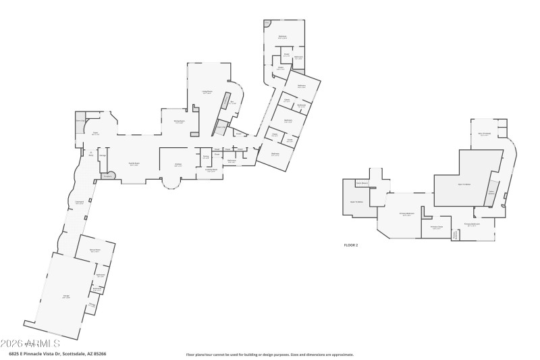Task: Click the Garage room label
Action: pyautogui.click(x=66, y=297)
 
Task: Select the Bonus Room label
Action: pyautogui.click(x=95, y=251)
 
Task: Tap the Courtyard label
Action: pyautogui.click(x=79, y=202)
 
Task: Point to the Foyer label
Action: pyautogui.click(x=95, y=134)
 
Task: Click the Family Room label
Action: pyautogui.click(x=134, y=164)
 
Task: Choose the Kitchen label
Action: pyautogui.click(x=178, y=165)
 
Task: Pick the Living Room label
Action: pyautogui.click(x=207, y=92)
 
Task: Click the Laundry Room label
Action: pyautogui.click(x=211, y=170)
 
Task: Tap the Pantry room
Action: pyautogui.click(x=206, y=157)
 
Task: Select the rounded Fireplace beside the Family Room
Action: pyautogui.click(x=108, y=176)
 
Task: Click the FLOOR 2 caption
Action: pyautogui.click(x=351, y=245)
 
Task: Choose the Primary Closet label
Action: pyautogui.click(x=437, y=227)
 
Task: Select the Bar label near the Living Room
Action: pyautogui.click(x=232, y=103)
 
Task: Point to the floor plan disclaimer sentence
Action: pyautogui.click(x=270, y=354)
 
